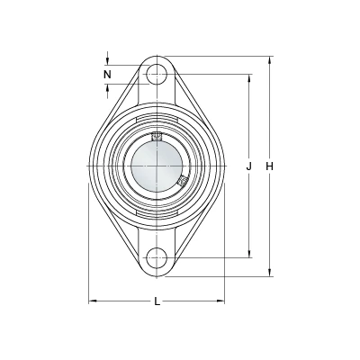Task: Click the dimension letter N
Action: pos(107,74)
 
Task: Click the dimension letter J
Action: pos(248,166)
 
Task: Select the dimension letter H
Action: pos(270,166)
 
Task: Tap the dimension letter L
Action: pos(157,301)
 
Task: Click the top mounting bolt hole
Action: pos(157,74)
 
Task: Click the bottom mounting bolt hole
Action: pos(157,257)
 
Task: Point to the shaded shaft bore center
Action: pos(157,166)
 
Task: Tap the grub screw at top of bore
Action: pos(157,137)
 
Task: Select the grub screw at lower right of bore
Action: pos(183,181)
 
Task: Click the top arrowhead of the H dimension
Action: pos(270,59)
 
